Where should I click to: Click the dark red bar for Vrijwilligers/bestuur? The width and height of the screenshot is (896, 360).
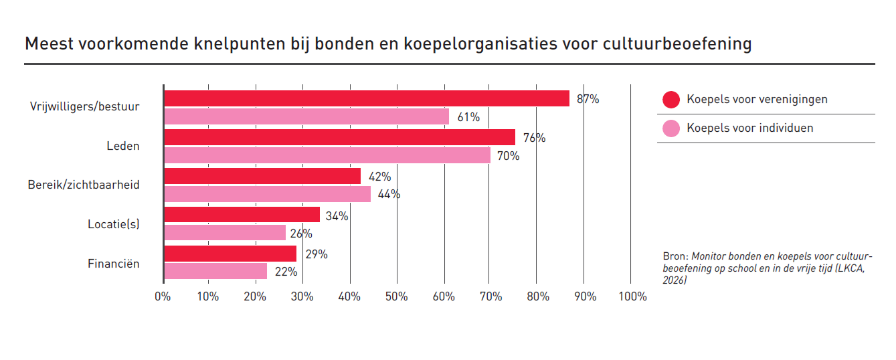coord(366,98)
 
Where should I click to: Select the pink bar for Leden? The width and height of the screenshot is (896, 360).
coord(327,155)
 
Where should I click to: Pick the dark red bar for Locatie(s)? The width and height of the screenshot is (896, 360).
coord(242,215)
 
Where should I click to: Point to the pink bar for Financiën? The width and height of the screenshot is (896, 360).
coord(215,271)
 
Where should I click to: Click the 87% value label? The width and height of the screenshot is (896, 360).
coord(588,99)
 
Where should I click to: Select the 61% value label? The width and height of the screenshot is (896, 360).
coord(468,117)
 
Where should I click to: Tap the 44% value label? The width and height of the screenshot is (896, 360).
coord(389,195)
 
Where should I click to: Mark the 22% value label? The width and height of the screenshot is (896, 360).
coord(286,272)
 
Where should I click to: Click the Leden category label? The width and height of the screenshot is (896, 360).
coord(122,146)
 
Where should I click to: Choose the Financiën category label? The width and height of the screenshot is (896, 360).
coord(114,264)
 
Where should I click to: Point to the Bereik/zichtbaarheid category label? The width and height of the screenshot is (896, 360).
coord(84,184)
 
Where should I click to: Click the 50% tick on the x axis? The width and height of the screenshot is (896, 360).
coord(397,296)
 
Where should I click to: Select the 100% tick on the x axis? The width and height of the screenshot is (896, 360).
coord(632,296)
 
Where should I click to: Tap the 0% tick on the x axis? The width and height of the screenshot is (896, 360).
coord(163,296)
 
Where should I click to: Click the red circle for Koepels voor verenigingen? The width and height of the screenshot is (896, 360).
coord(671,100)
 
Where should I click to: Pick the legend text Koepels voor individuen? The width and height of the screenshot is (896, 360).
coord(749,128)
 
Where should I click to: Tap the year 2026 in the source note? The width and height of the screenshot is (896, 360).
coord(675,280)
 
